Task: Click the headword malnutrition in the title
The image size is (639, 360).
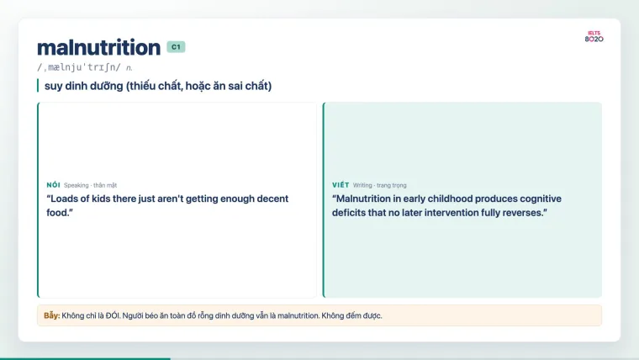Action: (x=98, y=47)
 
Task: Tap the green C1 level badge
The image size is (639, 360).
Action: (x=176, y=47)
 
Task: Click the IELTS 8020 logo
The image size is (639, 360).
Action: (x=594, y=37)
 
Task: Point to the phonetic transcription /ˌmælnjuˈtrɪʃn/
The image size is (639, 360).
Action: (x=79, y=67)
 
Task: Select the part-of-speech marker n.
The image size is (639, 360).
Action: (x=129, y=68)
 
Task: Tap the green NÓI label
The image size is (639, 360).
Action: (x=53, y=185)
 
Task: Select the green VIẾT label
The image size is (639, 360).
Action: (x=341, y=185)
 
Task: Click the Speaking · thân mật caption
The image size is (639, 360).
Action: (x=91, y=186)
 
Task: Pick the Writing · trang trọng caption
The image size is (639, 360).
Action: (x=380, y=186)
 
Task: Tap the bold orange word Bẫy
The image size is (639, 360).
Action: (x=52, y=315)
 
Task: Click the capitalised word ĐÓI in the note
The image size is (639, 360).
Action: (x=113, y=315)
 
